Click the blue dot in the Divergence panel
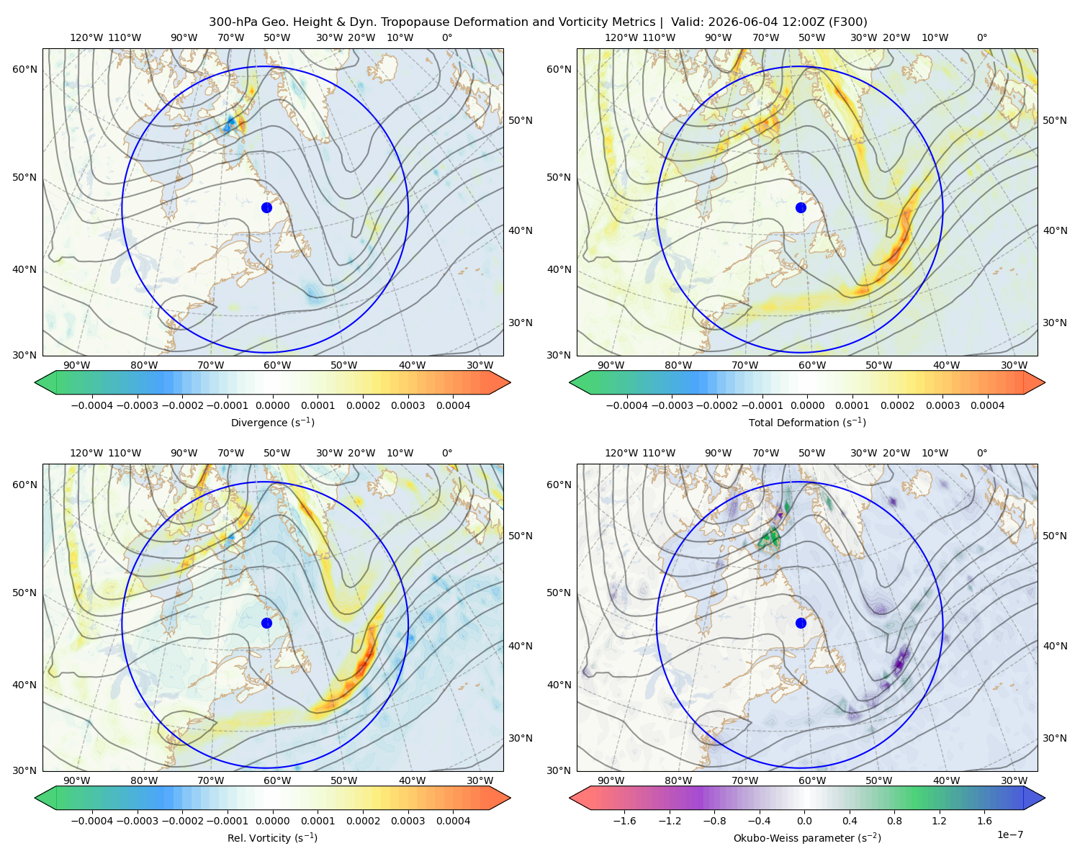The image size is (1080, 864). click(x=266, y=207)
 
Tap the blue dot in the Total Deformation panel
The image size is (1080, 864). click(x=801, y=207)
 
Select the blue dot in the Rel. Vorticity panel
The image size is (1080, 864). click(x=266, y=623)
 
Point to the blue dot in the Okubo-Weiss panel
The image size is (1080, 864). click(x=801, y=623)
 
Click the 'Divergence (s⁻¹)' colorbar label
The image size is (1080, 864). click(x=272, y=422)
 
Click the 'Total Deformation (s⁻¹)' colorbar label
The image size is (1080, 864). click(x=807, y=422)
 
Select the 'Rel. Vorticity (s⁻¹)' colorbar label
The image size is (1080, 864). click(x=272, y=837)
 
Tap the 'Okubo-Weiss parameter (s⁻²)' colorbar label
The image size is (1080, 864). click(x=807, y=837)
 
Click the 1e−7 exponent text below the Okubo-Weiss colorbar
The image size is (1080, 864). click(x=1009, y=834)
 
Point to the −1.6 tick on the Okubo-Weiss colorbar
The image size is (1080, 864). click(x=624, y=820)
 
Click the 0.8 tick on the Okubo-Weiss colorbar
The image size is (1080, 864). click(x=894, y=820)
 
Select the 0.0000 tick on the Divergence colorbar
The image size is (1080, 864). click(x=272, y=405)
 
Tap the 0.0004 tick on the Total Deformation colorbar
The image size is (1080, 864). click(x=987, y=405)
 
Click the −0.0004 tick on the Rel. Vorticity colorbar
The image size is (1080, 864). click(x=92, y=820)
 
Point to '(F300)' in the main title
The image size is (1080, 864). click(x=848, y=22)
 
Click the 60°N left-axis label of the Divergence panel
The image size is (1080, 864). click(x=24, y=69)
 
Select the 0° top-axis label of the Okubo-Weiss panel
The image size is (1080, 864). click(x=981, y=453)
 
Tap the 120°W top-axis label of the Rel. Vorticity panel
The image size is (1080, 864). click(x=86, y=453)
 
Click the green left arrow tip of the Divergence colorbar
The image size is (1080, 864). click(x=35, y=382)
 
